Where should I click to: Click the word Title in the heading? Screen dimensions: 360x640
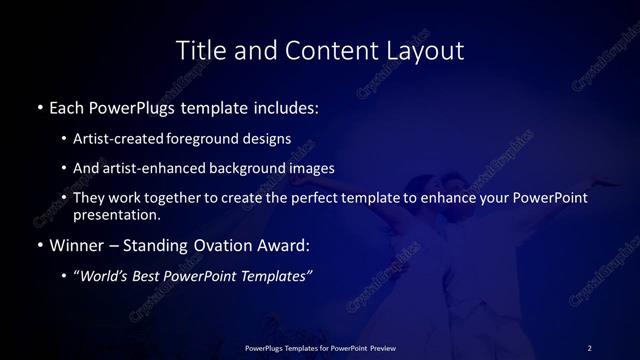tap(199, 49)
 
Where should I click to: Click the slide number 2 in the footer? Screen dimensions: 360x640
tap(589, 347)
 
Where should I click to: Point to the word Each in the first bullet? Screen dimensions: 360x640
tap(66, 106)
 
